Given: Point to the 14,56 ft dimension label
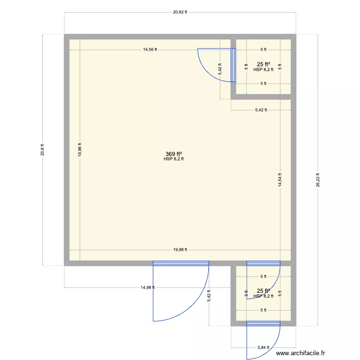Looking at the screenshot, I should click(150, 49).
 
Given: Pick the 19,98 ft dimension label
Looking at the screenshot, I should click(180, 250).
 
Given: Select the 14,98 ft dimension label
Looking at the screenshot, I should click(147, 288).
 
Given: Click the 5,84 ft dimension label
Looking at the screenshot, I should click(263, 347).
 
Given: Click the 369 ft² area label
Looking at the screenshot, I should click(173, 154).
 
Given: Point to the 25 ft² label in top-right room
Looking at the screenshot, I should click(263, 64).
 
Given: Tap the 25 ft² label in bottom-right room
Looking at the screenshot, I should click(263, 291).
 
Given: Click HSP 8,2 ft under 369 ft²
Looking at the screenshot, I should click(173, 159).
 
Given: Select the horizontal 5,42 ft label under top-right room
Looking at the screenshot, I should click(261, 110).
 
